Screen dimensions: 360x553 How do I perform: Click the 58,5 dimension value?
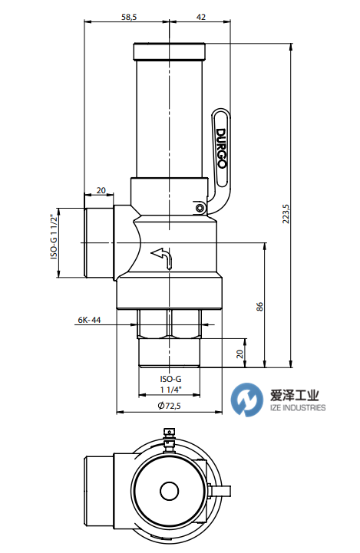129,17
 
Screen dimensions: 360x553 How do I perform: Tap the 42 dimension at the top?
201,17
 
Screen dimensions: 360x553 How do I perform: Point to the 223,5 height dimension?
286,214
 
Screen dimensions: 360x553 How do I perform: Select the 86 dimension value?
259,307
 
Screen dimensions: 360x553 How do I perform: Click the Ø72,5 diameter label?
170,406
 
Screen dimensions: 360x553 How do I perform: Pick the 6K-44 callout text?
89,320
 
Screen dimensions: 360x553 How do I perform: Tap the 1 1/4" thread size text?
171,390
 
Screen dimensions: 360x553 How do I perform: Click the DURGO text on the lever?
221,149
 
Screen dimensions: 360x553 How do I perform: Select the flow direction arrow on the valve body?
163,258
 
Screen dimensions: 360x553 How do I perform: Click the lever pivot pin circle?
200,208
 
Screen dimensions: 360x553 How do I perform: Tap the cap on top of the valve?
169,51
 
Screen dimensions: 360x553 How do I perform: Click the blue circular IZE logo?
247,400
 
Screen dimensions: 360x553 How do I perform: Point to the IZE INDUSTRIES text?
298,408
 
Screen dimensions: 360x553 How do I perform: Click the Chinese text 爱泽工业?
294,395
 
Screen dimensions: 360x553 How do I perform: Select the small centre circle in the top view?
170,491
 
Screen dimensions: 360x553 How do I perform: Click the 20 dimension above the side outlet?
101,190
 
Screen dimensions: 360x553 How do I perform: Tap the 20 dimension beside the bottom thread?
240,354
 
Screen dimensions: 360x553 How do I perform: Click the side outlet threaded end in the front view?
99,242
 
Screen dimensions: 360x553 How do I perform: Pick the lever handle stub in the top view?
220,491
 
